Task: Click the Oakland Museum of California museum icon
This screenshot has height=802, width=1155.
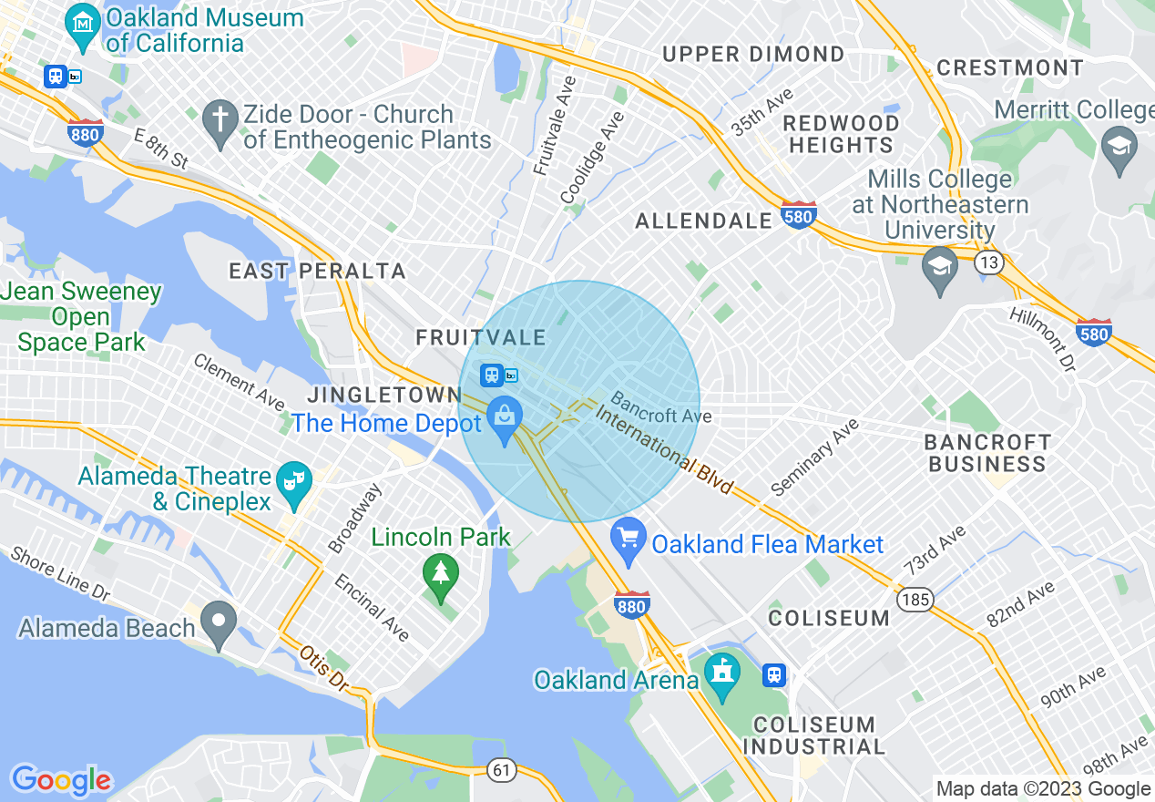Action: click(84, 21)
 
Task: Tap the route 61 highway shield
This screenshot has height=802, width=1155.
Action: click(501, 770)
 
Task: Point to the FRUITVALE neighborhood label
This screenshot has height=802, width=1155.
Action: click(481, 337)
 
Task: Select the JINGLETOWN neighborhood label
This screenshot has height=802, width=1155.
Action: click(383, 395)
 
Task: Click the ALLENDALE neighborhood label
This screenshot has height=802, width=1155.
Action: click(703, 221)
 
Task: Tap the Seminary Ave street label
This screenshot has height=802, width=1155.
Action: click(814, 458)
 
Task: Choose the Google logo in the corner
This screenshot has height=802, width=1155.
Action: click(60, 779)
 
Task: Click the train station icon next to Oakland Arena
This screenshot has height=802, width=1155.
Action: click(774, 675)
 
